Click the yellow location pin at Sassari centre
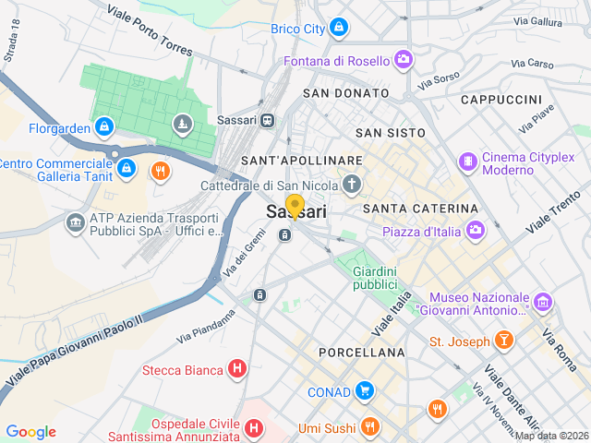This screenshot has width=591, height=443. click(x=295, y=206)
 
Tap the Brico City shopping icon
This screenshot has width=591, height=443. click(x=339, y=29)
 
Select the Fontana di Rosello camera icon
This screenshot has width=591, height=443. click(x=404, y=61)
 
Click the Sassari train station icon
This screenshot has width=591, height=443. click(x=267, y=120)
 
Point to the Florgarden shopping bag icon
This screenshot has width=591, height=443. click(x=104, y=127)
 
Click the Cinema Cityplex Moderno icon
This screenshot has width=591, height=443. click(x=468, y=162)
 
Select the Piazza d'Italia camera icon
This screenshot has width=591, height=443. click(x=475, y=230)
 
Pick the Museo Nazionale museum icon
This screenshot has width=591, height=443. click(x=542, y=302)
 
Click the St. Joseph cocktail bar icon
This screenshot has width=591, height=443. click(x=504, y=341)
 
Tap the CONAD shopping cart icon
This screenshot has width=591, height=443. click(x=365, y=391)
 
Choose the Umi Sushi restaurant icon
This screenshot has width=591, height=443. click(x=370, y=426)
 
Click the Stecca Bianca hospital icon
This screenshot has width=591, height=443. click(x=237, y=370)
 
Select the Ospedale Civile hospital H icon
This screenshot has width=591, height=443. click(x=254, y=428)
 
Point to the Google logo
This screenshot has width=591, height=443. click(x=30, y=432)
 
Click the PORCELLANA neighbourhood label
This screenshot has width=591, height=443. click(x=361, y=353)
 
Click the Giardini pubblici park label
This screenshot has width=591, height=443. click(x=374, y=278)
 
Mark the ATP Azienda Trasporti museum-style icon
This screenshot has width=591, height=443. click(x=75, y=222)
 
